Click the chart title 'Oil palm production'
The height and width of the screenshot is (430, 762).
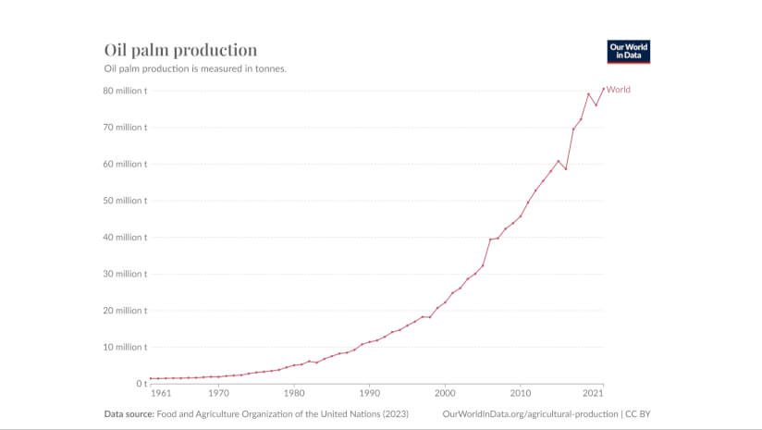point(180,50)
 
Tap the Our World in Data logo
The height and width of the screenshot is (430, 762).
point(628,51)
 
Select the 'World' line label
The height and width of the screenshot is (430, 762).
point(619,90)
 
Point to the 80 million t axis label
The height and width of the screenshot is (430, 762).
point(126,91)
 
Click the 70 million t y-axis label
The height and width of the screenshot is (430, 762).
point(126,128)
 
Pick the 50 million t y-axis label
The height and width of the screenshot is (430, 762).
point(126,201)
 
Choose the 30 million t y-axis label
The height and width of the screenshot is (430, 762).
point(126,274)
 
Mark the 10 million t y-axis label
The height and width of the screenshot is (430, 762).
point(126,347)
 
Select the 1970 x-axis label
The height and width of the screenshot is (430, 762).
point(218,393)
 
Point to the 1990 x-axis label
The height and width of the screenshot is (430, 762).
point(369,393)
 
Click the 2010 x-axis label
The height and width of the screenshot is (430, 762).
point(520,393)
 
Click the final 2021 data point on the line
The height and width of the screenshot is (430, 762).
point(603,89)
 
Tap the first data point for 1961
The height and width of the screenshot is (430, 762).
point(151,378)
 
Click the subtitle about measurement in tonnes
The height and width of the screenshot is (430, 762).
point(194,68)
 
